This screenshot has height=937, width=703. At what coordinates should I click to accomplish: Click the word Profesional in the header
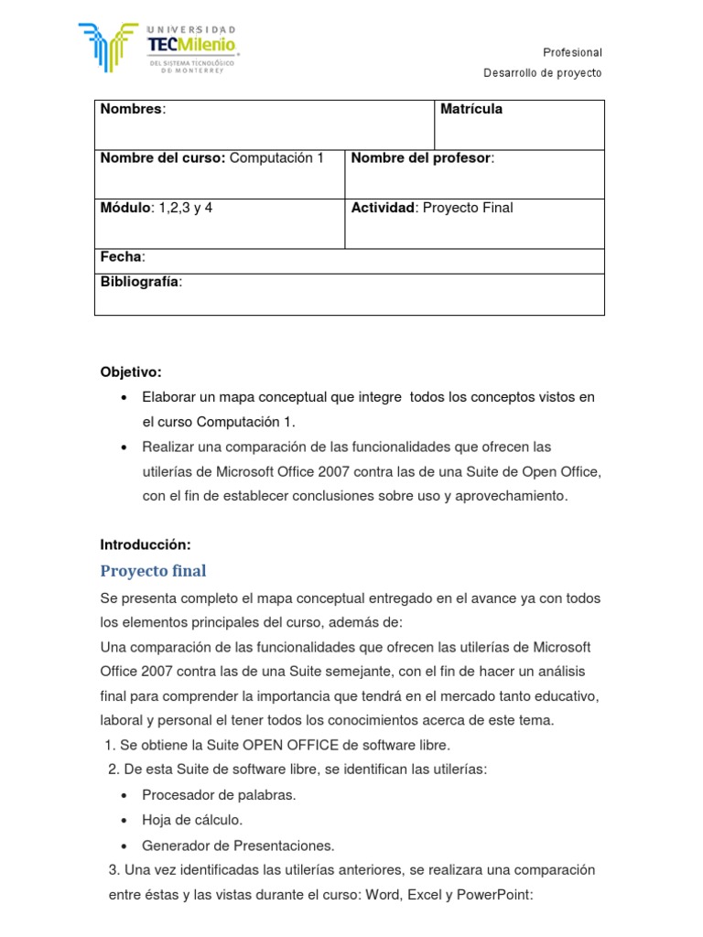pyautogui.click(x=572, y=53)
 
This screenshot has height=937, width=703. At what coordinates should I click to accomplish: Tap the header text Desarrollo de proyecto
pyautogui.click(x=542, y=73)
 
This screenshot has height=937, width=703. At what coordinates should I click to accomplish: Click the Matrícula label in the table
pyautogui.click(x=471, y=110)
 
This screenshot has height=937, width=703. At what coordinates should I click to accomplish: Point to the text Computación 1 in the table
pyautogui.click(x=276, y=158)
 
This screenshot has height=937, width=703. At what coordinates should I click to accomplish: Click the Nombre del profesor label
pyautogui.click(x=421, y=158)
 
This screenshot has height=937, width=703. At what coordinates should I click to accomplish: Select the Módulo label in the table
pyautogui.click(x=124, y=208)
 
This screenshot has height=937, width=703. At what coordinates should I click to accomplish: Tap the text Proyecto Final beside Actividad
pyautogui.click(x=467, y=208)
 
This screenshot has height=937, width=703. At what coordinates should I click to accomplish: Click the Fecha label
pyautogui.click(x=122, y=257)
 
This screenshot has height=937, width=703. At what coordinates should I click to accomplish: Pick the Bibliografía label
pyautogui.click(x=140, y=281)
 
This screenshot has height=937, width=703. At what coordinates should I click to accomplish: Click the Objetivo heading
pyautogui.click(x=131, y=372)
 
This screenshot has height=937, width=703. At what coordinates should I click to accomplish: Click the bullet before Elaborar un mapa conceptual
pyautogui.click(x=124, y=398)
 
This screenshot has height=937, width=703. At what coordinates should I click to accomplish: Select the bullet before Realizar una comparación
pyautogui.click(x=124, y=447)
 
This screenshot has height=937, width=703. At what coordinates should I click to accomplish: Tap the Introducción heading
pyautogui.click(x=146, y=544)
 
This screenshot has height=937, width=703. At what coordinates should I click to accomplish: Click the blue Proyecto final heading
pyautogui.click(x=153, y=571)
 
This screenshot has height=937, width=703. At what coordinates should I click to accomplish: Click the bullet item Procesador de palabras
pyautogui.click(x=219, y=795)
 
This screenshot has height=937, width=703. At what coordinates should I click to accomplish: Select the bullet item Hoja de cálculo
pyautogui.click(x=192, y=820)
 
